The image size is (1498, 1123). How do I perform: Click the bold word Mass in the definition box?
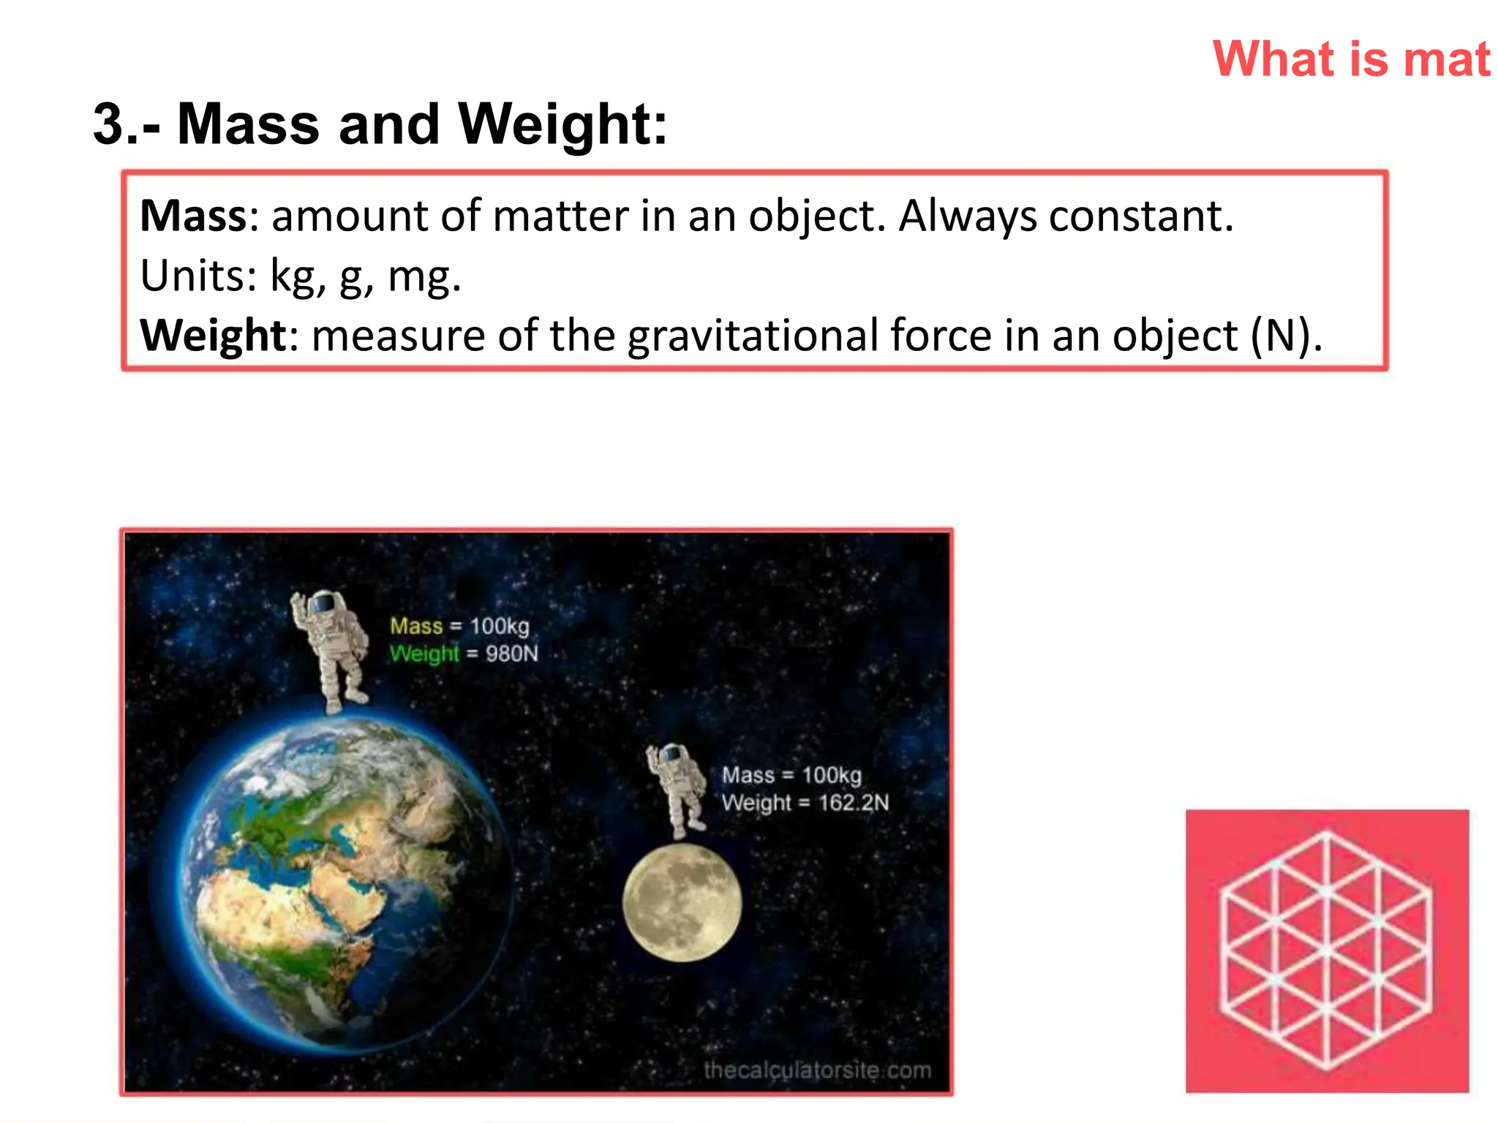pos(194,216)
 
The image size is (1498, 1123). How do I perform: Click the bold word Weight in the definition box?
pos(213,336)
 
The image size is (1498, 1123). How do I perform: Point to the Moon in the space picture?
pos(682,902)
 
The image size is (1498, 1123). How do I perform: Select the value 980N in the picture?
pos(511,653)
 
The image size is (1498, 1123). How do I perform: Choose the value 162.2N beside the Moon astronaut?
pos(854,803)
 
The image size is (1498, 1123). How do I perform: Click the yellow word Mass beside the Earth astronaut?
pos(416,626)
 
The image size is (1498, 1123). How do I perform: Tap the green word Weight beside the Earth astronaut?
pos(424,653)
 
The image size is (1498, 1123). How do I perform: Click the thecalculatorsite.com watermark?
pos(817,1070)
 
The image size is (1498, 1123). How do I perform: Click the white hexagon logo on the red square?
pos(1327,951)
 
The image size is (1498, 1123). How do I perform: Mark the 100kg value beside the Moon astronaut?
pos(832,775)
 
